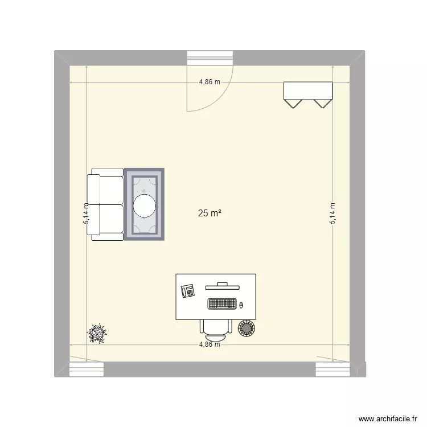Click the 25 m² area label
tap(210, 213)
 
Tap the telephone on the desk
tap(188, 290)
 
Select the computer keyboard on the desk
tap(222, 304)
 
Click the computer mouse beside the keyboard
tap(241, 305)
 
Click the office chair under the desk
tap(216, 326)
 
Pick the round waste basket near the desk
tap(247, 328)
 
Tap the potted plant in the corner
tap(97, 333)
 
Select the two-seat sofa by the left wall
tap(105, 205)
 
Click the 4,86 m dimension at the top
tap(210, 82)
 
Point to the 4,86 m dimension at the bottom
tap(210, 344)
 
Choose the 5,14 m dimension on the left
tap(86, 213)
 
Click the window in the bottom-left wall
tap(87, 369)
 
